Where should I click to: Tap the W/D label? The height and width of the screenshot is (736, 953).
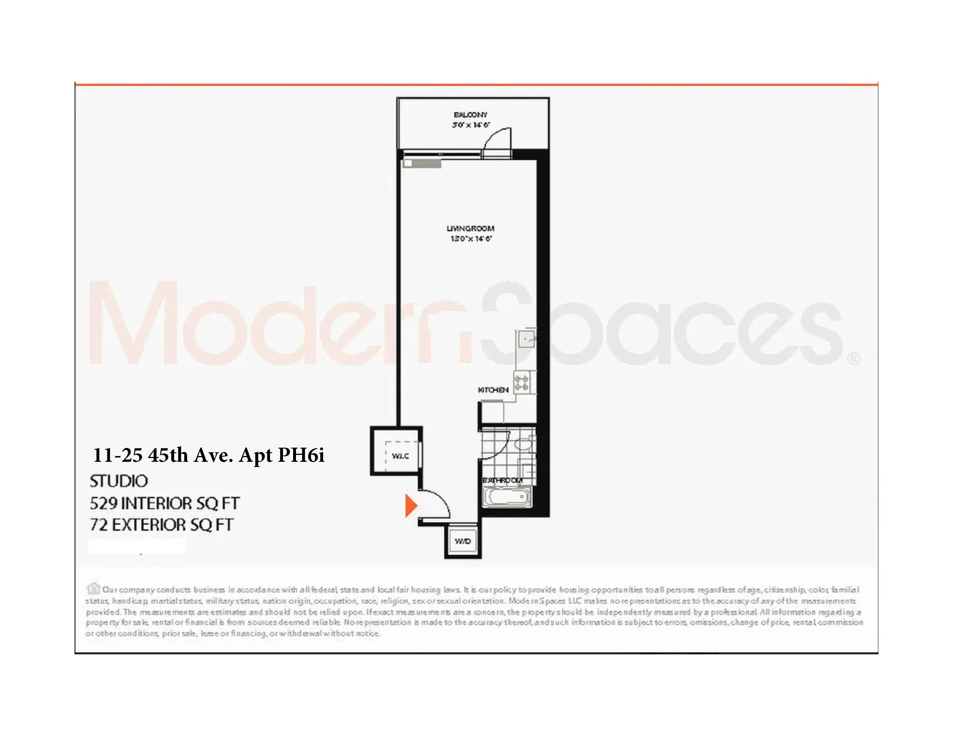pyautogui.click(x=463, y=541)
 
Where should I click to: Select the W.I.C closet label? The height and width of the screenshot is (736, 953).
pyautogui.click(x=400, y=456)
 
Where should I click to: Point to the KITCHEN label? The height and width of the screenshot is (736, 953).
pyautogui.click(x=493, y=390)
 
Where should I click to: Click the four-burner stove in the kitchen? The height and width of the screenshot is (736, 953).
pyautogui.click(x=522, y=382)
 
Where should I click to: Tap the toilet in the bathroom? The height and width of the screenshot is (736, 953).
pyautogui.click(x=523, y=445)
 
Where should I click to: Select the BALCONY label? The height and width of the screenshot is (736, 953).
pyautogui.click(x=470, y=115)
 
